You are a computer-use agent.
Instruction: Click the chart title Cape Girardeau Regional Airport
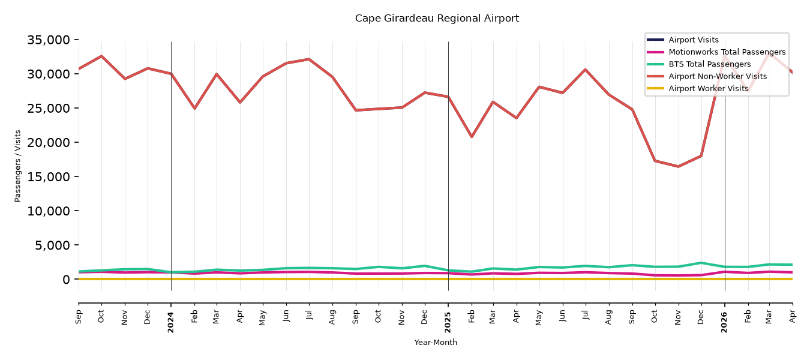click(x=437, y=18)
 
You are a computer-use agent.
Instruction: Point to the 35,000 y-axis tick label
click(x=49, y=40)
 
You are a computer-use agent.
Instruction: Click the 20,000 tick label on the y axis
click(x=49, y=142)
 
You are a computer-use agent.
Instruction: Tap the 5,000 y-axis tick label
click(x=52, y=245)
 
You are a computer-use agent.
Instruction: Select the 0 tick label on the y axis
click(x=66, y=280)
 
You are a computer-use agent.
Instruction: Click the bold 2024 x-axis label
click(x=170, y=322)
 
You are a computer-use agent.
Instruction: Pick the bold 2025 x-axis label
click(x=448, y=322)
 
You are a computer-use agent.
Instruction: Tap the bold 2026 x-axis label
click(x=724, y=322)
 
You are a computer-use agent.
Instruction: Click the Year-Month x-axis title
click(x=436, y=342)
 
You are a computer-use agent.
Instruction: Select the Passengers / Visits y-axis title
click(x=17, y=166)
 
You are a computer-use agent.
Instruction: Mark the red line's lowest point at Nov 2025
click(x=678, y=167)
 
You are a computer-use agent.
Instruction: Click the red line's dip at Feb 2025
click(x=472, y=137)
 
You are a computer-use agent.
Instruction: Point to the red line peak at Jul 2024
click(x=309, y=59)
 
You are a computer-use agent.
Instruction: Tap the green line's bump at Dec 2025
click(x=701, y=263)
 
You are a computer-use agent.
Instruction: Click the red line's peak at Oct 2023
click(x=101, y=56)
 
